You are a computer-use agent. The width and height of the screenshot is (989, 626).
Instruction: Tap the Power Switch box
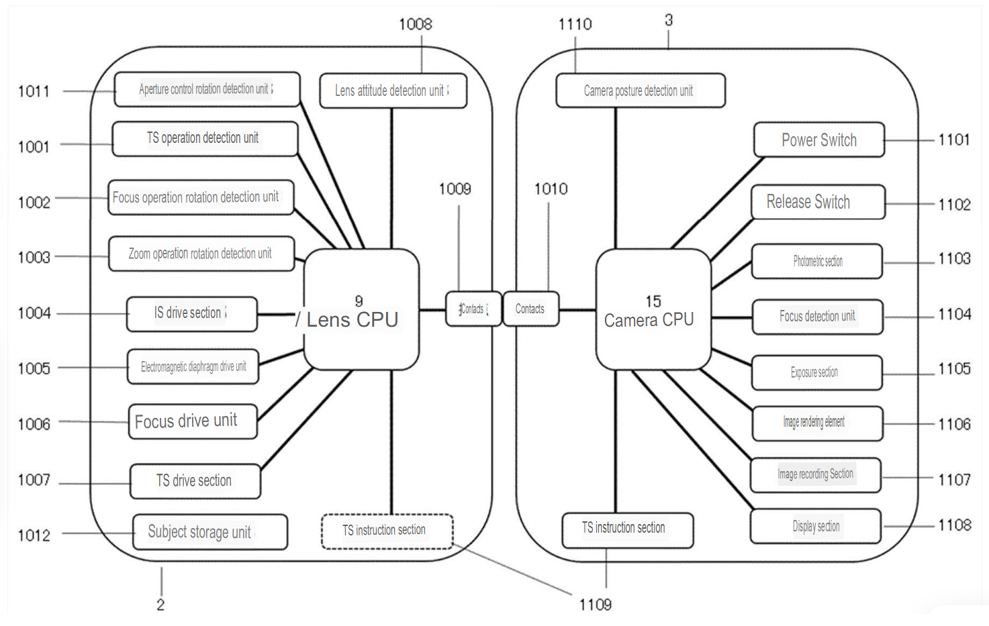(818, 140)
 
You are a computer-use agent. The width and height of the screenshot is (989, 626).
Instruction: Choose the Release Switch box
(817, 202)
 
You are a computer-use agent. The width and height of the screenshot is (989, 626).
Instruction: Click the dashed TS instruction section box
(387, 531)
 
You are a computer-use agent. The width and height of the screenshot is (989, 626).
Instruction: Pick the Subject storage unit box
(209, 532)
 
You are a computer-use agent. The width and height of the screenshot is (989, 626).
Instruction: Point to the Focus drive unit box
(192, 421)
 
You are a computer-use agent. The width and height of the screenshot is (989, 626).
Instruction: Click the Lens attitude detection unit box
(392, 91)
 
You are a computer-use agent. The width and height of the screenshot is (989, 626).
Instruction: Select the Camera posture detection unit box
(640, 91)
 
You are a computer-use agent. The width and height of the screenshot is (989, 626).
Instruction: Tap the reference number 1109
(595, 605)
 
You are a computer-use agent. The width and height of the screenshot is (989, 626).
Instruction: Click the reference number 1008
(415, 24)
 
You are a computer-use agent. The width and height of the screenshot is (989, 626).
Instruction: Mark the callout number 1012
(34, 535)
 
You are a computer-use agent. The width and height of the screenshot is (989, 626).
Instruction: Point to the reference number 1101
(953, 140)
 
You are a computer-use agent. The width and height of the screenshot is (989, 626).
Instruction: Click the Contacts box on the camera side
(530, 309)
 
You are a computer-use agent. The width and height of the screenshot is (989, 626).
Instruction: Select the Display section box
(815, 527)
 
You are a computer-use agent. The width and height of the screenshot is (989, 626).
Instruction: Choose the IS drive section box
(191, 313)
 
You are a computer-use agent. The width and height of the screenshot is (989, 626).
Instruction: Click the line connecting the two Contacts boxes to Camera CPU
(577, 310)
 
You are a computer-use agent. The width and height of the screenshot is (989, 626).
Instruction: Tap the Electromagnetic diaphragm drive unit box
(193, 366)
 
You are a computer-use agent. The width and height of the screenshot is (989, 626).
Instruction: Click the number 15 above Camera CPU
(653, 301)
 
